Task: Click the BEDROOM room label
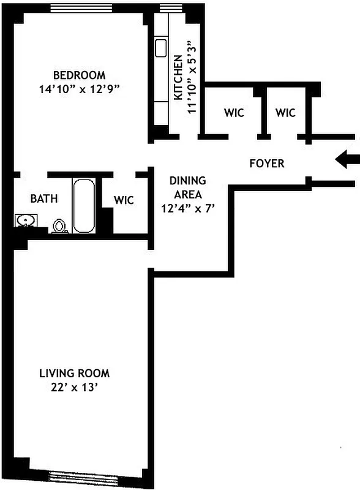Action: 79,75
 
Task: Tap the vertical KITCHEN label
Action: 178,78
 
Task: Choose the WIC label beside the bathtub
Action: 124,200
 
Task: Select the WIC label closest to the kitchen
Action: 234,113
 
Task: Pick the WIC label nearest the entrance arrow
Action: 285,113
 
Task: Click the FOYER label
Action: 267,164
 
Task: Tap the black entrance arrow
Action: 347,160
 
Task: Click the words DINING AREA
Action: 187,187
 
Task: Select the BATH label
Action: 44,198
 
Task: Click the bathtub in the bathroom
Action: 84,205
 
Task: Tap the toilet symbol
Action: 59,226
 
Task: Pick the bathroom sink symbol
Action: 26,221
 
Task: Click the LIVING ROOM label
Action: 75,373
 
